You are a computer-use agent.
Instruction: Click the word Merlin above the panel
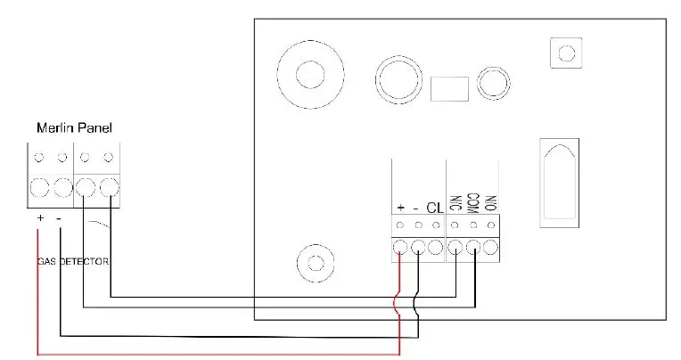(x=54, y=128)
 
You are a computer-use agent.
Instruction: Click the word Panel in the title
(x=94, y=128)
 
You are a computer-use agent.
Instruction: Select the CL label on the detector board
(x=435, y=208)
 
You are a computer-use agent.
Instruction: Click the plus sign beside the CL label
(x=401, y=208)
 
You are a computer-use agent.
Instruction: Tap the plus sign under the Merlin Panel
(x=40, y=218)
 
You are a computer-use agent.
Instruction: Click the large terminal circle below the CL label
(x=435, y=248)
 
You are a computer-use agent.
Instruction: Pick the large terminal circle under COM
(x=473, y=248)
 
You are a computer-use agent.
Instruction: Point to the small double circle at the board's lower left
(x=314, y=264)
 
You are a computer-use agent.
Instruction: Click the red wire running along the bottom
(x=214, y=354)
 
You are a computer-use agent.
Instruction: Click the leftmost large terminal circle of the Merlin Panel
(x=39, y=189)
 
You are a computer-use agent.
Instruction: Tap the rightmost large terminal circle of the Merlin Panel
(x=109, y=189)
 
